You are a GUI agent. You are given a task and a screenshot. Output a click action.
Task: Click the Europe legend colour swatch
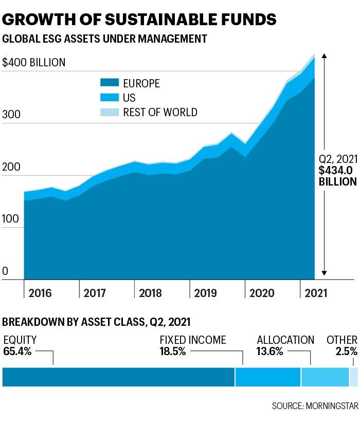coord(110,82)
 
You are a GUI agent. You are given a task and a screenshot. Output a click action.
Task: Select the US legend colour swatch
coord(110,97)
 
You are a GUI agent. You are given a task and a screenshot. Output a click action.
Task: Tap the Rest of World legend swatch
coord(110,112)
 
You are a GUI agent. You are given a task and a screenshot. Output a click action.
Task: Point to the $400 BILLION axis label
coord(34,63)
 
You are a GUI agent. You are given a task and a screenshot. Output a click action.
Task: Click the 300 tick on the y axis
coord(11,115)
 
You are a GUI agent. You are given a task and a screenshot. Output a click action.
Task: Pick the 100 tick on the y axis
coord(11,219)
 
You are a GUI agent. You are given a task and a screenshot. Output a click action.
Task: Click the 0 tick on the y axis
coord(5,271)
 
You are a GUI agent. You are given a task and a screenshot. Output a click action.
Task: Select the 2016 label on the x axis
coord(40,293)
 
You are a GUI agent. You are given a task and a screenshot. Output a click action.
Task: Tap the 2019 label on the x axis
coord(205,293)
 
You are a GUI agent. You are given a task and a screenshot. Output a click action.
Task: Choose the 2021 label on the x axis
coord(316,293)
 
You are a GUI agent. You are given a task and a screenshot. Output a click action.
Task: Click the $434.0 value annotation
coord(336,170)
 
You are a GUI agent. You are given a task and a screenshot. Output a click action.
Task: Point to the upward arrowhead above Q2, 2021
coord(325,56)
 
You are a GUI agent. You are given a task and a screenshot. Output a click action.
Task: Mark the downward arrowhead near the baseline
coord(325,273)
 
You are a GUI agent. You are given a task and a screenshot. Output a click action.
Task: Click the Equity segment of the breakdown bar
coord(119,377)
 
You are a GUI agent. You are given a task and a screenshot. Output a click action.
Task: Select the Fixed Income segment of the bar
coord(268,377)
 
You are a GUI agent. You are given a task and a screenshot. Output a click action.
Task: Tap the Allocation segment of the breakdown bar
coord(325,377)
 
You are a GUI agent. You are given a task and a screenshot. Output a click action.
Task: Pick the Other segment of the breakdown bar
coord(354,377)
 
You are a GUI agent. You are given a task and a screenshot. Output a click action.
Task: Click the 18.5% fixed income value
coord(173,352)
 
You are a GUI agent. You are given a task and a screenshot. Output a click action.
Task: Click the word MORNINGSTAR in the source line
coord(332,406)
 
